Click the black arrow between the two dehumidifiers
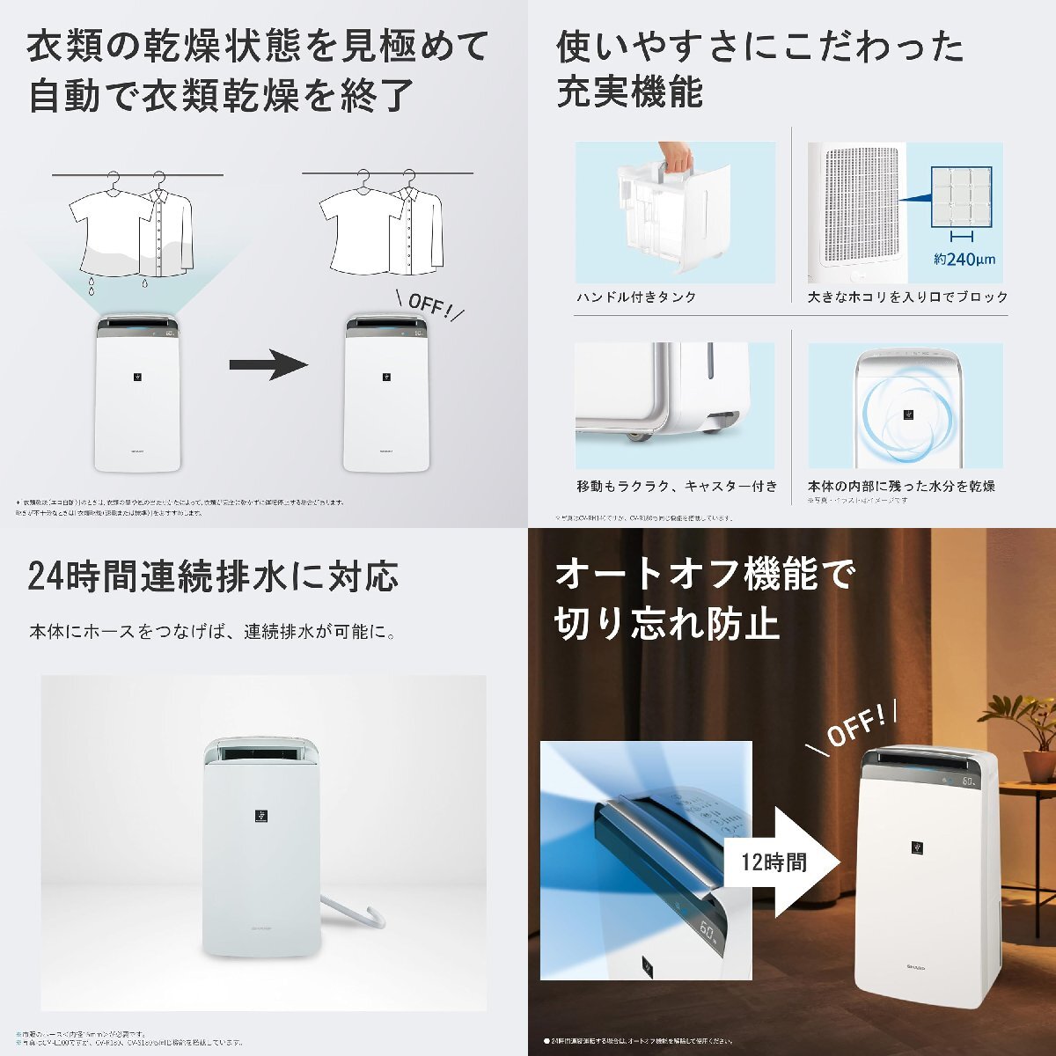pos(268,364)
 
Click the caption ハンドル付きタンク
pos(636,297)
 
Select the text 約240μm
pos(964,259)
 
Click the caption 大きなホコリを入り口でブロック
pos(908,297)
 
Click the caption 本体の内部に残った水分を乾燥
pos(901,486)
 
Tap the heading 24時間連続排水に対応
pos(213,576)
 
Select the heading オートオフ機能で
pos(704,576)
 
